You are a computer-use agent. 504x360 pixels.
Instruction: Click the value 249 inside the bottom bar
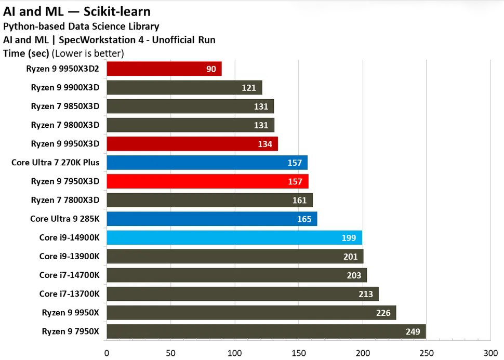[413, 331]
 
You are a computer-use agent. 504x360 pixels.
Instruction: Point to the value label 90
[211, 69]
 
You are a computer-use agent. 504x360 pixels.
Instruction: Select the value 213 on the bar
[366, 294]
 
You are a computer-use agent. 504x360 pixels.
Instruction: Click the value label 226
[383, 313]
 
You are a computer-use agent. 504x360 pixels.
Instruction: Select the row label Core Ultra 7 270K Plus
[55, 163]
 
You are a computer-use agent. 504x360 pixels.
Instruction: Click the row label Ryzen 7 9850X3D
[65, 106]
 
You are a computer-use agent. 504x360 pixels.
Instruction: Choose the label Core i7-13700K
[69, 294]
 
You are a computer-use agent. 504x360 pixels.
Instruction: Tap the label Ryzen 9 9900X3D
[65, 88]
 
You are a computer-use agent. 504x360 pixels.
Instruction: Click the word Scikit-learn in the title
[118, 11]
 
